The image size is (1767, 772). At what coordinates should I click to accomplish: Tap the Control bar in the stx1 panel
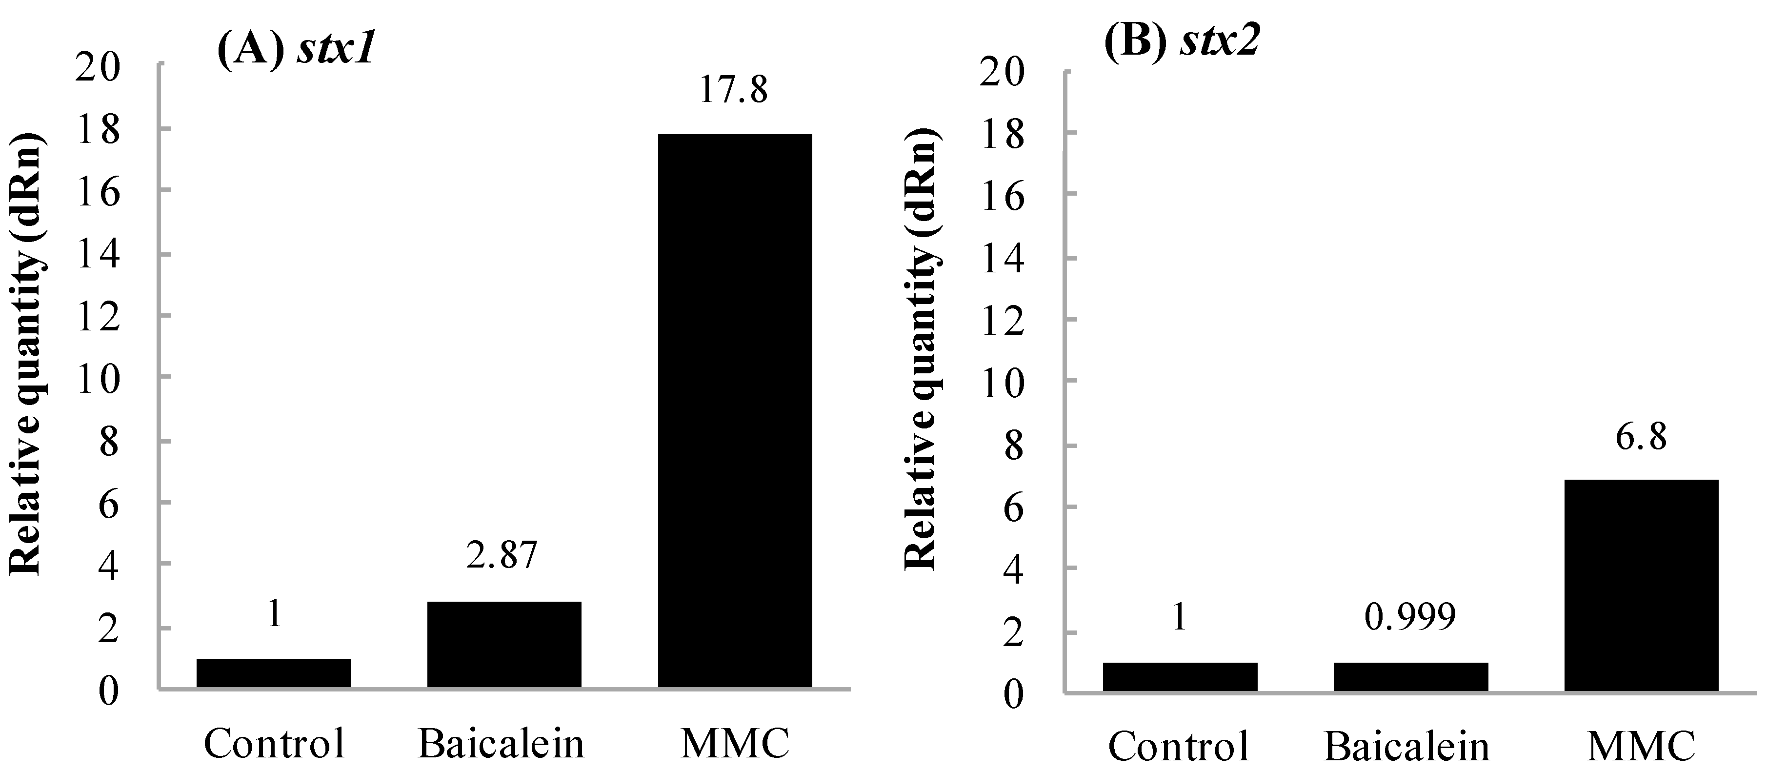coord(274,672)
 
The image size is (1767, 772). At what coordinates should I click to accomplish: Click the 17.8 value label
coord(733,90)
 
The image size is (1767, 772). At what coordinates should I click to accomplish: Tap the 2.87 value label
coord(502,555)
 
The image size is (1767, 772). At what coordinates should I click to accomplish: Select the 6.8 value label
coord(1641,436)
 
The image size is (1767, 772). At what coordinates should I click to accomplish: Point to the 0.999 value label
coord(1409,618)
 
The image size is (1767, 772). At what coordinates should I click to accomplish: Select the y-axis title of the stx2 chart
coord(921,350)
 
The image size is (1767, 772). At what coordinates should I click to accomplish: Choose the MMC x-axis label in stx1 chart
coord(735,744)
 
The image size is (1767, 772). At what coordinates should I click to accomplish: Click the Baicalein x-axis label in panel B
coord(1407,747)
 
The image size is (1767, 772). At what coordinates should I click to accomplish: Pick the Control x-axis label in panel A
coord(274,744)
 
